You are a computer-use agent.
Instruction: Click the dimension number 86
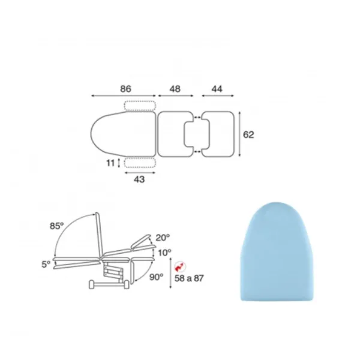coord(125,89)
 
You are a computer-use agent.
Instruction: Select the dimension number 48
coord(175,89)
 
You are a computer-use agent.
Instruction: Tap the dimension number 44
coord(217,89)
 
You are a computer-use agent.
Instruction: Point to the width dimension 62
coord(248,134)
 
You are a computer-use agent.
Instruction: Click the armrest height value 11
coord(110,163)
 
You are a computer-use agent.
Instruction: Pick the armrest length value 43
coord(139,179)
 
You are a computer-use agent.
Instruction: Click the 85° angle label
coord(57,226)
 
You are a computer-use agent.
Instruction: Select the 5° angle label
coord(46,265)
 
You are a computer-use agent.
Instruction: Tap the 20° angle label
coord(163,238)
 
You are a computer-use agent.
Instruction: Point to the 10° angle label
coord(164,253)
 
